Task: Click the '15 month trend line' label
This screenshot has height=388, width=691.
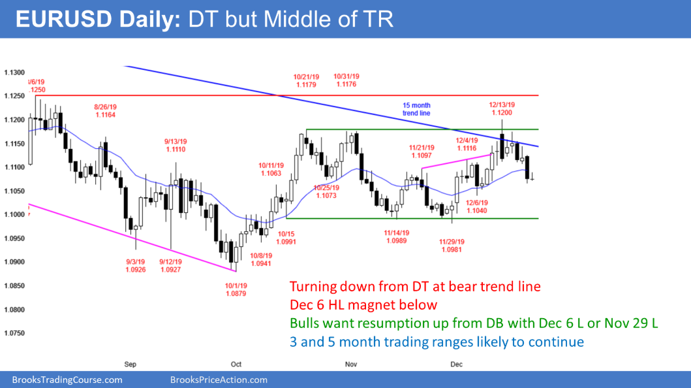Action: [x=415, y=109]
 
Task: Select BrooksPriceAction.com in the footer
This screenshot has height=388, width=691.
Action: [x=218, y=380]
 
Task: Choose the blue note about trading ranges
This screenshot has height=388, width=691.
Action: [x=437, y=341]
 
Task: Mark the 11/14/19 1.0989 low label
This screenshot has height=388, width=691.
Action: [x=398, y=236]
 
